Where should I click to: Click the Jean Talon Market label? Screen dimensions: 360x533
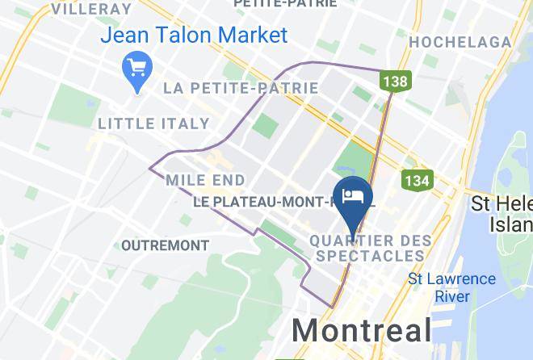click(x=194, y=36)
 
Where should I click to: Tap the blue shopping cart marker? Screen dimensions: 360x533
click(x=131, y=68)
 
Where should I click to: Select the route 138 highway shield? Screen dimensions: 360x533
click(x=396, y=81)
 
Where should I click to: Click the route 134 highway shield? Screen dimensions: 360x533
click(x=416, y=180)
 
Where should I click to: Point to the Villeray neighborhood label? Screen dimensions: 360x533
click(x=90, y=10)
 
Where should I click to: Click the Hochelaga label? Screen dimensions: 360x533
click(x=460, y=42)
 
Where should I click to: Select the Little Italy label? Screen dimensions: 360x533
click(x=153, y=123)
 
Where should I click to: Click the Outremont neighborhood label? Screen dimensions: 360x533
click(x=165, y=245)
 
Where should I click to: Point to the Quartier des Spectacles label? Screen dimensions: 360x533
click(x=365, y=248)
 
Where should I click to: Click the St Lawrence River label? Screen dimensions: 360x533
click(x=451, y=287)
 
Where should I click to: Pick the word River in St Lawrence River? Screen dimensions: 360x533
click(x=452, y=296)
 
